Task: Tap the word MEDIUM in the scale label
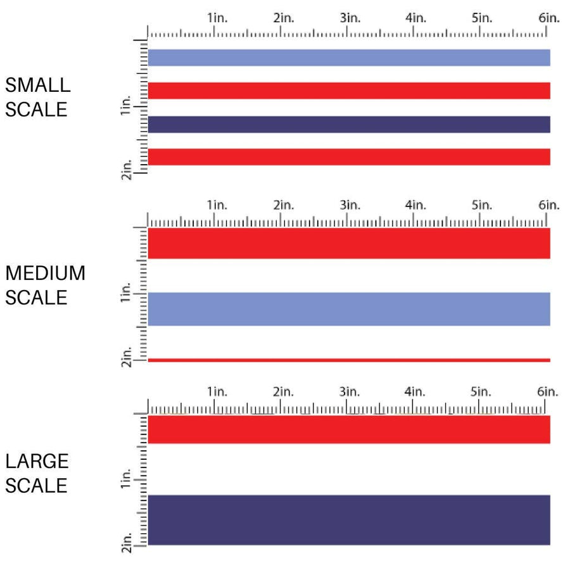(45, 274)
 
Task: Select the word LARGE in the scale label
(37, 461)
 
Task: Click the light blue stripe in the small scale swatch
(348, 58)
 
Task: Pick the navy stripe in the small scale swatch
(348, 124)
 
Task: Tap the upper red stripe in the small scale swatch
(348, 91)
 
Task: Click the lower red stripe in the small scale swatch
(348, 157)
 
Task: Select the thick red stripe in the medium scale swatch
(348, 243)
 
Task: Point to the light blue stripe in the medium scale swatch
(348, 309)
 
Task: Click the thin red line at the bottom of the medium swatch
(348, 360)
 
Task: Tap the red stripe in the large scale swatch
(348, 429)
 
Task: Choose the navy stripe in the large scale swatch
(348, 519)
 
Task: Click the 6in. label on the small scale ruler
(549, 18)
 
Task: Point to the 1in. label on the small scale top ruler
(217, 18)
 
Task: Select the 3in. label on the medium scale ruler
(350, 205)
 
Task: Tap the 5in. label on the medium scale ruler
(481, 205)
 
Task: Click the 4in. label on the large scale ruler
(415, 392)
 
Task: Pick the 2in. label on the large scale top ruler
(283, 392)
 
